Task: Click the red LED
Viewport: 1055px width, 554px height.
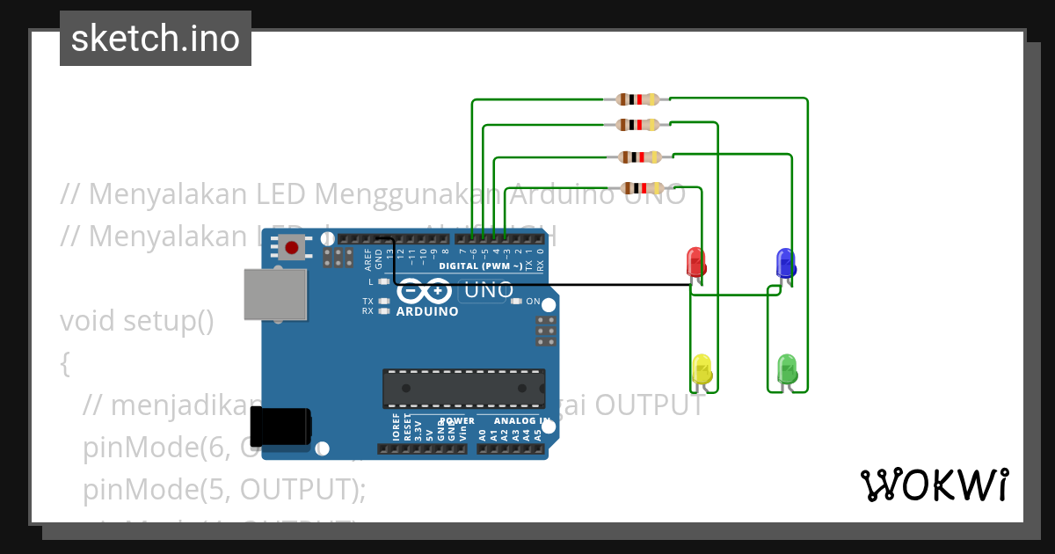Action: pyautogui.click(x=695, y=262)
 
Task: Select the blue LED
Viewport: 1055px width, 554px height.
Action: pyautogui.click(x=785, y=262)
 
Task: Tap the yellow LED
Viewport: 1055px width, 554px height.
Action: pyautogui.click(x=702, y=368)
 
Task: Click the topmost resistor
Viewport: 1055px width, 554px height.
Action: pyautogui.click(x=637, y=99)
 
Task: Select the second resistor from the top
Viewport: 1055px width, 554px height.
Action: pyautogui.click(x=637, y=125)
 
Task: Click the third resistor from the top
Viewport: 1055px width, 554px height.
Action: pyautogui.click(x=640, y=157)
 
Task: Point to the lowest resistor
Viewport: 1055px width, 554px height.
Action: pyautogui.click(x=642, y=187)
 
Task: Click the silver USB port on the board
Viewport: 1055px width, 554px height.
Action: pyautogui.click(x=275, y=294)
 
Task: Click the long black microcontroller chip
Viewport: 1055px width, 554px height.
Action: pyautogui.click(x=463, y=389)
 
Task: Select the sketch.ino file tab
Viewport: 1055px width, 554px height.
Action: pyautogui.click(x=156, y=39)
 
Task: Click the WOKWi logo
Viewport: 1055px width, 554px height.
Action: pyautogui.click(x=934, y=485)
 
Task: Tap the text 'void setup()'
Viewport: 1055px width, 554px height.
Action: pyautogui.click(x=137, y=320)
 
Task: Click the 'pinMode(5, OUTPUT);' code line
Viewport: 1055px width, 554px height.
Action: pyautogui.click(x=224, y=489)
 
